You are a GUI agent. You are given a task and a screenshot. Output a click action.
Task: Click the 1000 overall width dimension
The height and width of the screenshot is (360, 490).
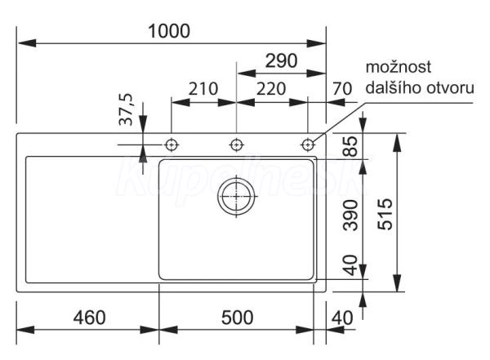tap(169, 31)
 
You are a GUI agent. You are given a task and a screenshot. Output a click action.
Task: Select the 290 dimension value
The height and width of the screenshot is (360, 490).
tap(281, 61)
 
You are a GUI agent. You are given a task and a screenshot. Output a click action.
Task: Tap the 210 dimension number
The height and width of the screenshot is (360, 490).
tap(203, 89)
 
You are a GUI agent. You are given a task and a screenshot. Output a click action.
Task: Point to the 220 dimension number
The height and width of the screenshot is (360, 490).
tap(271, 89)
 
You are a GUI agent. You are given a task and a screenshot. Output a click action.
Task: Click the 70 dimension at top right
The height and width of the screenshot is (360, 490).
tap(342, 89)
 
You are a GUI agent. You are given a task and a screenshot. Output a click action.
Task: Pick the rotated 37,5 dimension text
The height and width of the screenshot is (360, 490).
tap(127, 109)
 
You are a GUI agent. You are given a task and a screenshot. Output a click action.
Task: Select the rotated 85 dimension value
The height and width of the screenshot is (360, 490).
tap(350, 146)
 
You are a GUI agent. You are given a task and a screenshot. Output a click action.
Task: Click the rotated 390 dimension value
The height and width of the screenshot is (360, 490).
tap(350, 216)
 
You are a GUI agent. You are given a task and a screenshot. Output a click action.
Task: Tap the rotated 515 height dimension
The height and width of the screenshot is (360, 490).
tap(385, 214)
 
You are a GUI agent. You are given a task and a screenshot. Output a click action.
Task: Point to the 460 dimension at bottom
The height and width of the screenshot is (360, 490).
tap(89, 318)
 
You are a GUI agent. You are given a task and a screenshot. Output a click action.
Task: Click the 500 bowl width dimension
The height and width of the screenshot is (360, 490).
tap(237, 318)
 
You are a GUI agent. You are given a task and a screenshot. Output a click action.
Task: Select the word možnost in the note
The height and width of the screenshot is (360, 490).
tap(399, 67)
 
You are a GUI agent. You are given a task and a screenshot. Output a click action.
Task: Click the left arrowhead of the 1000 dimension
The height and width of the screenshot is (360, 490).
tap(27, 43)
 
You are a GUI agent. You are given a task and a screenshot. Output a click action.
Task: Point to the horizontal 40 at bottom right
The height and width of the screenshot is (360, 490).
tap(342, 318)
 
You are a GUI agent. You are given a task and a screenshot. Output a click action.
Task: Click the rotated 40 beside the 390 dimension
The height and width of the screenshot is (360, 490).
tap(350, 265)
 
